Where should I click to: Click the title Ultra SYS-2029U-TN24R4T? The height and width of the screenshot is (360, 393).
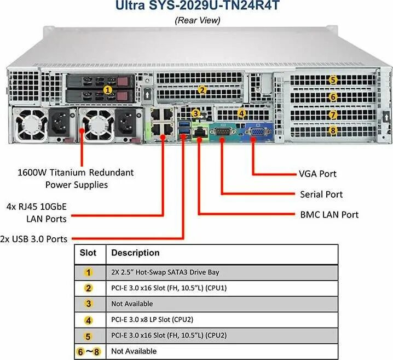click(x=197, y=7)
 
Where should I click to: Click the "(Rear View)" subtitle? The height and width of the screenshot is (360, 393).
click(x=197, y=20)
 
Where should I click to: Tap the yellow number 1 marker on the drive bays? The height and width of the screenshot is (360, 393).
click(x=108, y=89)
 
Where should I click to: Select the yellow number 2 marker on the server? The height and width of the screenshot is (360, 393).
click(x=202, y=90)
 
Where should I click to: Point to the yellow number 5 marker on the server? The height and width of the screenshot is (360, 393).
click(x=333, y=80)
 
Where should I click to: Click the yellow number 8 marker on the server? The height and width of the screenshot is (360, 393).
click(x=333, y=131)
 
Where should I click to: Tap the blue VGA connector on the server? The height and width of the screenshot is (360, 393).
click(x=255, y=132)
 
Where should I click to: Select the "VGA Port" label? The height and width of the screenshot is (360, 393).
click(x=317, y=174)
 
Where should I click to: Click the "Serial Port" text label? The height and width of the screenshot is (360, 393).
click(x=321, y=195)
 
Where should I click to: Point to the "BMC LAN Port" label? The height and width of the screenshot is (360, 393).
click(x=329, y=215)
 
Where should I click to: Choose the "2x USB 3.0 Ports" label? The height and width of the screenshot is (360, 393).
click(x=34, y=239)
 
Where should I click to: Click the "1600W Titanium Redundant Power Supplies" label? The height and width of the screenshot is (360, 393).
click(x=76, y=179)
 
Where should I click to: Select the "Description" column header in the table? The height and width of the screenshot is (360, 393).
click(x=135, y=253)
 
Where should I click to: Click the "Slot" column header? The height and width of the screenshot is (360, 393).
click(x=88, y=253)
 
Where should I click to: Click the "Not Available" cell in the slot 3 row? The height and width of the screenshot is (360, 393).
click(x=132, y=304)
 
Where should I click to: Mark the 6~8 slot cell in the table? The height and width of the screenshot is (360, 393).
click(x=89, y=351)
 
